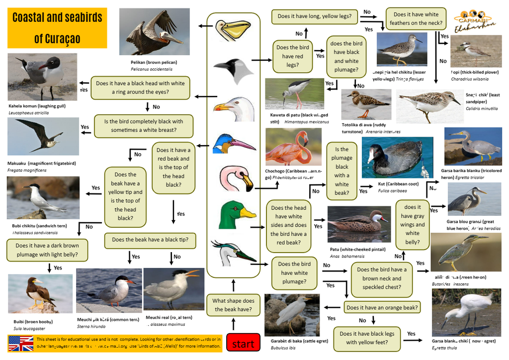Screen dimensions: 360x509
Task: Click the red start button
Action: [243, 343]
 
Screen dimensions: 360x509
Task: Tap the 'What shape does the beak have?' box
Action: [233, 305]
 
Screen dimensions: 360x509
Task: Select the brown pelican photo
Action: [154, 32]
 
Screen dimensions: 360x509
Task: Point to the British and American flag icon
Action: [21, 344]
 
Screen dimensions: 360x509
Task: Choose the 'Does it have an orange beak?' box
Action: [382, 307]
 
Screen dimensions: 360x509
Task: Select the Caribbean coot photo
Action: [397, 158]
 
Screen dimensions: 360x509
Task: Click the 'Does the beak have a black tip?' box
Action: [150, 240]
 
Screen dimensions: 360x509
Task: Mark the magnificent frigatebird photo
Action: [43, 137]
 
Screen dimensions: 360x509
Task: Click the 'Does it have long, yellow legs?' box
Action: [314, 16]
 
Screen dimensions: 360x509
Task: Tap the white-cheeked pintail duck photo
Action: [359, 224]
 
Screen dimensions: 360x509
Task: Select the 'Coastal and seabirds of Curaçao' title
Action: [57, 28]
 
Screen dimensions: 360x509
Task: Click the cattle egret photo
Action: [292, 315]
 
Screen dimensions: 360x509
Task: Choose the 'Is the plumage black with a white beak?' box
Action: [341, 171]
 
